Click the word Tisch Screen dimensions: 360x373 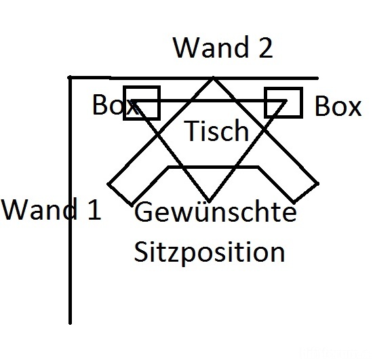click(216, 130)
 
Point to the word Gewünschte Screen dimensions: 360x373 click(216, 214)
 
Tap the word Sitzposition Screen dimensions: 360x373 click(209, 252)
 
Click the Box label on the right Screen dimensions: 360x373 click(338, 107)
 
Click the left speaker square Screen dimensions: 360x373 click(142, 103)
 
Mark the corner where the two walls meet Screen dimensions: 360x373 click(71, 77)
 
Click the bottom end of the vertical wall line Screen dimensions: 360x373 click(71, 323)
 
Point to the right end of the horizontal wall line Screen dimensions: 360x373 click(317, 77)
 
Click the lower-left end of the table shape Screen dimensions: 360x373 click(121, 194)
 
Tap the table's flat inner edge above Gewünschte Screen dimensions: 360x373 click(213, 166)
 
